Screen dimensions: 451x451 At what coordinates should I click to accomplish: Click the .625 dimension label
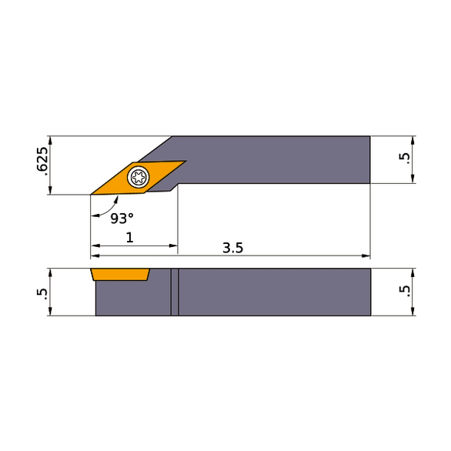[x=42, y=160]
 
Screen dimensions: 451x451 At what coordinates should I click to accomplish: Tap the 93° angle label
[x=122, y=219]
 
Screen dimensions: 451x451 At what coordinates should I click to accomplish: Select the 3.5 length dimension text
[x=233, y=248]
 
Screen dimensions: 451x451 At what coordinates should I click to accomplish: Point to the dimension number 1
[x=129, y=238]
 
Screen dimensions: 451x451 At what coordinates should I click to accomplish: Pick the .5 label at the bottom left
[x=42, y=292]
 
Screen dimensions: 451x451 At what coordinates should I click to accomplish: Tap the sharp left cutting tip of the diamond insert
[x=92, y=193]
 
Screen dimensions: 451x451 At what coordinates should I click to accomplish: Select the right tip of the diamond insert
[x=184, y=162]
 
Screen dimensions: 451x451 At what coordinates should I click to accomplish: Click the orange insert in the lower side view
[x=119, y=274]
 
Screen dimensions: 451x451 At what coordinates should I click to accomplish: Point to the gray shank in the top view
[x=277, y=159]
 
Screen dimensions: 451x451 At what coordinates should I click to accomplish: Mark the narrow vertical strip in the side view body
[x=175, y=292]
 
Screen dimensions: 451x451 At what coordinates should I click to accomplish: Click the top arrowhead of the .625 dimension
[x=49, y=140]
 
